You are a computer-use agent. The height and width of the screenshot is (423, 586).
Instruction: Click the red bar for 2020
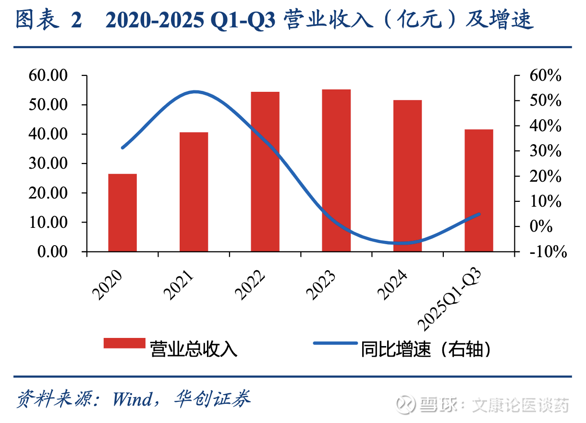point(122,212)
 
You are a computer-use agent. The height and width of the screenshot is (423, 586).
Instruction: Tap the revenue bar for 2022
point(265,171)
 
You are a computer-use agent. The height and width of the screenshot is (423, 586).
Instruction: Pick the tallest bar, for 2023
point(336,170)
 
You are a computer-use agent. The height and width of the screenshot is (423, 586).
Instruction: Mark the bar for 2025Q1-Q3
point(479,190)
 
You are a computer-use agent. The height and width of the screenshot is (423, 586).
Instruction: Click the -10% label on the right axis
point(546,251)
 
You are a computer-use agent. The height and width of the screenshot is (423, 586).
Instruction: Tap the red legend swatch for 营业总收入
point(124,343)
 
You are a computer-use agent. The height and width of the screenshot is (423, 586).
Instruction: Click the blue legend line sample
point(335,343)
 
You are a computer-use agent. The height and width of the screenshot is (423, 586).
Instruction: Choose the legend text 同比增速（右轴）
point(427,349)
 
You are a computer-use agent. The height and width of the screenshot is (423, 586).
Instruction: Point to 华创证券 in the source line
point(212,399)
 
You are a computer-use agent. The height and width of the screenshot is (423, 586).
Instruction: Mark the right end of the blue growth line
point(479,214)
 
